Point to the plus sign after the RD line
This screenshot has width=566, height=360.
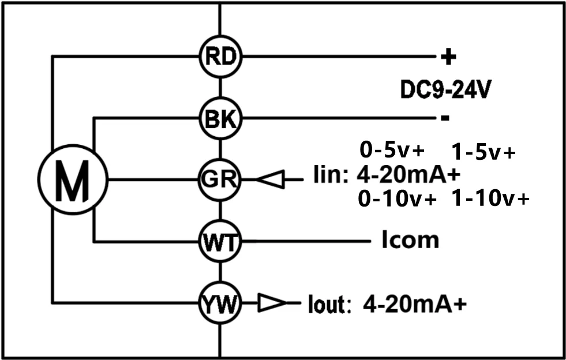(448, 57)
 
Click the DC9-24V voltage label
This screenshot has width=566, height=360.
(445, 91)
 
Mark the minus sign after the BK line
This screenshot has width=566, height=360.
(445, 118)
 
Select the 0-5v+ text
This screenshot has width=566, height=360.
(392, 150)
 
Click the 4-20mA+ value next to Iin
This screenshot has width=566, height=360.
(408, 175)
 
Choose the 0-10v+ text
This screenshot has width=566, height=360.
(398, 199)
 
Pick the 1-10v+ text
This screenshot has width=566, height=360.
(490, 199)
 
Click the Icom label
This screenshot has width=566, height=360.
(410, 241)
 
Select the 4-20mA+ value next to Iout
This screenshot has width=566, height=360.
(415, 305)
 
